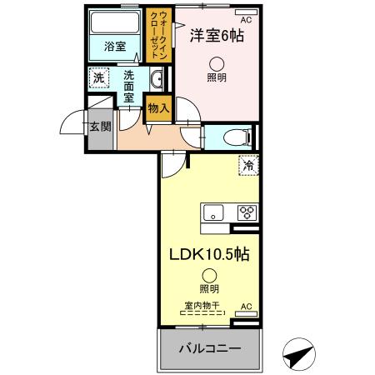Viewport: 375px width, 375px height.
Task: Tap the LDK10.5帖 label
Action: tap(210, 253)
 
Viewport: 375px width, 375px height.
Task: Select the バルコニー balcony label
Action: tap(211, 347)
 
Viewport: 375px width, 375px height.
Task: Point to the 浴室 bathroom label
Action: tap(115, 47)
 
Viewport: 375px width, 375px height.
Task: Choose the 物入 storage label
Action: tap(158, 107)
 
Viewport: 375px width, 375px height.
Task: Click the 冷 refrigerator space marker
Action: tap(247, 165)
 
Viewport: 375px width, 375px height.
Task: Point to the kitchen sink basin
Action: tap(213, 212)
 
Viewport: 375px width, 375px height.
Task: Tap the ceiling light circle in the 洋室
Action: tap(217, 62)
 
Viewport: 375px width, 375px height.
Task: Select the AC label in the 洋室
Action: tap(246, 18)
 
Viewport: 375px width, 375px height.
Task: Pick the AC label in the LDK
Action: tap(246, 307)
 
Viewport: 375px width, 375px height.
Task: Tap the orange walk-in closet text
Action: tap(157, 35)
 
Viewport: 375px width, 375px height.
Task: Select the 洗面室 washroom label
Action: tap(129, 86)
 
